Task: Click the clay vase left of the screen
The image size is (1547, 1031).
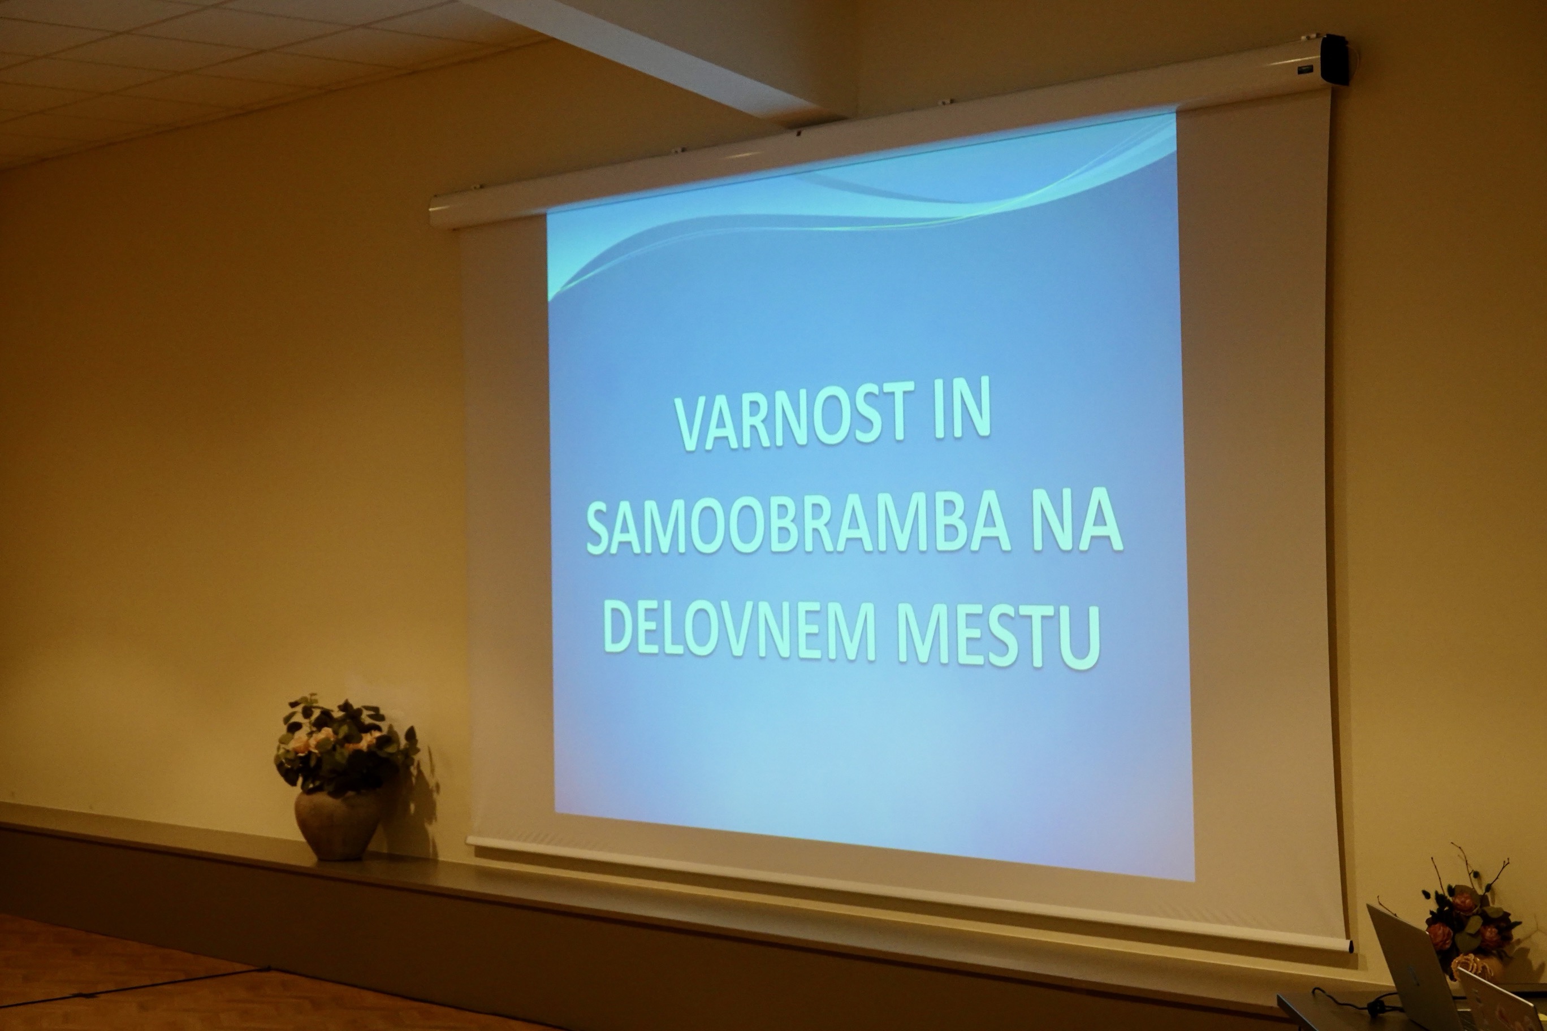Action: click(338, 825)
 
